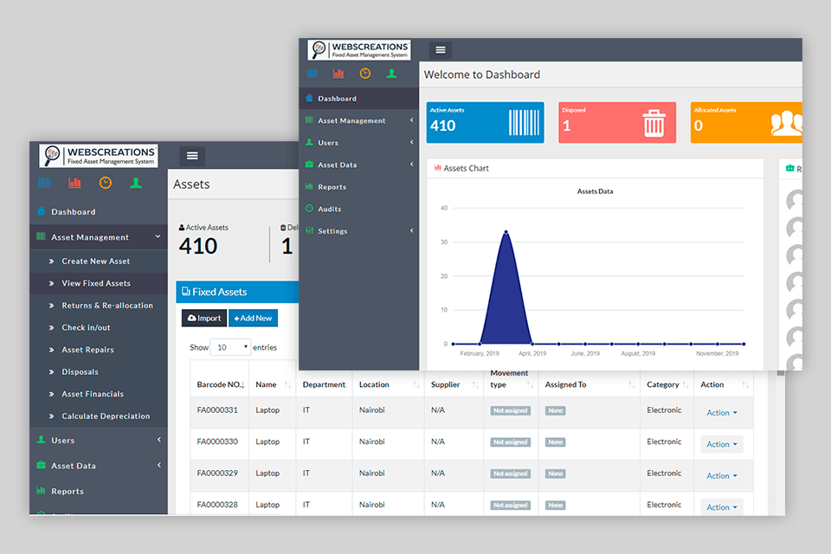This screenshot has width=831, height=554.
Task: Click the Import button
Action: coord(204,318)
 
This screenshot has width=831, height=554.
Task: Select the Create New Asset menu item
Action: coord(95,261)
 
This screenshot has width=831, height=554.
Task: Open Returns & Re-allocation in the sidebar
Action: coord(106,306)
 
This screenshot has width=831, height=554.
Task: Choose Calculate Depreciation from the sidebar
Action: coord(105,416)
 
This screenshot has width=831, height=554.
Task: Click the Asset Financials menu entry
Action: coord(92,394)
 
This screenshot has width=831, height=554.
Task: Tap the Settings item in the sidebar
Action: coord(332,231)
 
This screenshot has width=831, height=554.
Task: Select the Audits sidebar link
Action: coord(329,209)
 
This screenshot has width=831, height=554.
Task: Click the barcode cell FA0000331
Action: coord(217,410)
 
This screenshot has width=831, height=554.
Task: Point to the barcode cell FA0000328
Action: coord(217,505)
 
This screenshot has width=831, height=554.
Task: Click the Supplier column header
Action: coord(445,384)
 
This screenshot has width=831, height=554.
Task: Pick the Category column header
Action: coord(663,384)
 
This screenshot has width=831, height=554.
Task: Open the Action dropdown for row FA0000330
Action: coord(721,444)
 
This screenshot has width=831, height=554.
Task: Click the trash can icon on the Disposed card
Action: coord(654,124)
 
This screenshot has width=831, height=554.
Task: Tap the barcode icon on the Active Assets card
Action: coord(523,124)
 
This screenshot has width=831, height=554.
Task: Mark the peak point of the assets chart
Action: coord(506,232)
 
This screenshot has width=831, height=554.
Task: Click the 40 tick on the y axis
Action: coord(443,208)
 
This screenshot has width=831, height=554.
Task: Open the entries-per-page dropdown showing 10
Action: coord(232,347)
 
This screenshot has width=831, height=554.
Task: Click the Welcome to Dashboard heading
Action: coord(481,74)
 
